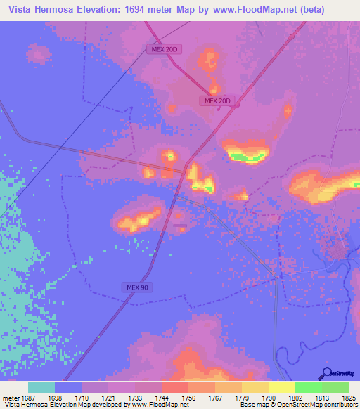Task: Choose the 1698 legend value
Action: tap(60, 397)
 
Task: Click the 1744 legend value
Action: tap(167, 397)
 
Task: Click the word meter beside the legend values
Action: tap(12, 397)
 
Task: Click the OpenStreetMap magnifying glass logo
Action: tap(326, 373)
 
